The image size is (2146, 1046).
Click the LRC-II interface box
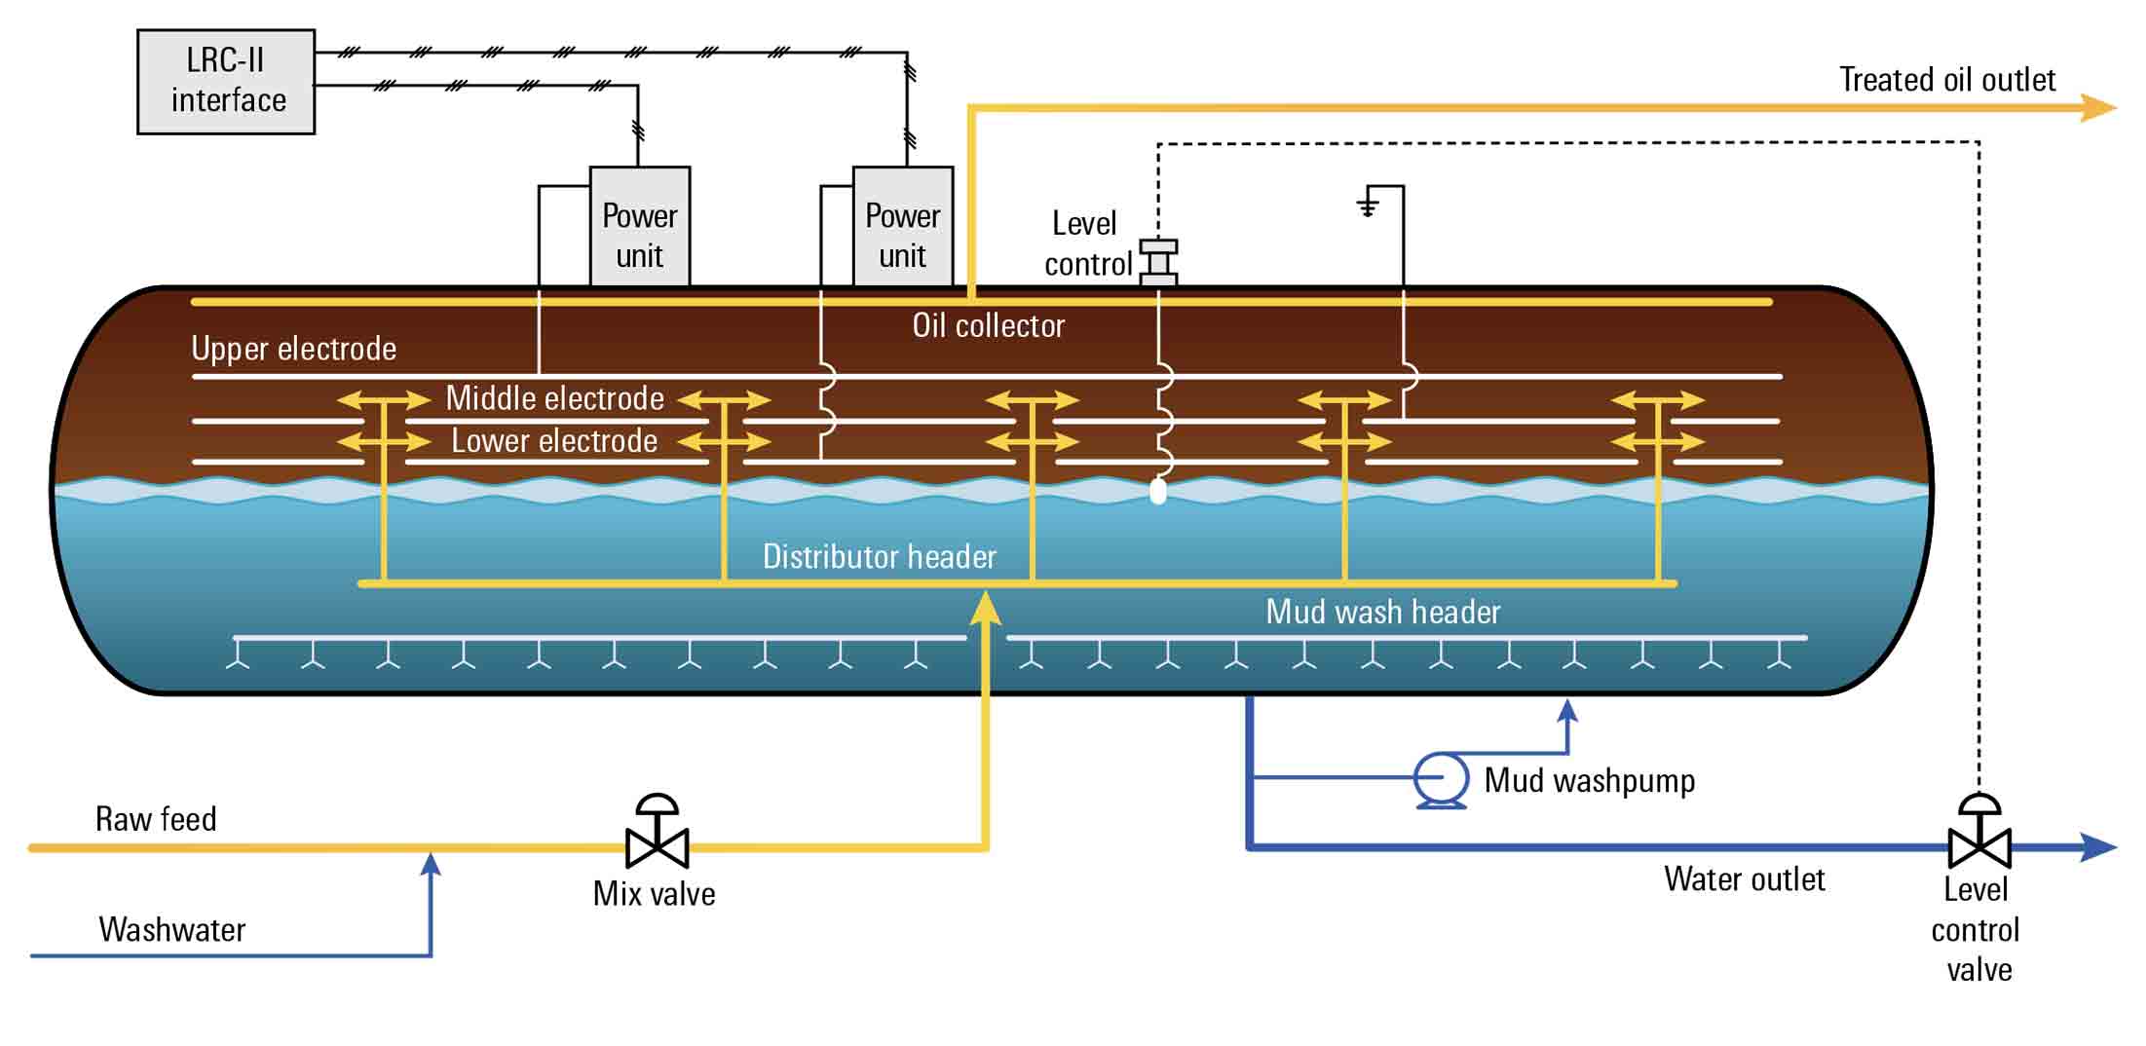click(x=226, y=81)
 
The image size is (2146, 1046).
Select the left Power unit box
click(x=640, y=227)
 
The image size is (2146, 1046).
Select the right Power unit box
click(x=903, y=227)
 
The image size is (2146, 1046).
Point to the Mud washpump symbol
click(x=1442, y=779)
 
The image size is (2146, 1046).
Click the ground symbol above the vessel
click(x=1369, y=204)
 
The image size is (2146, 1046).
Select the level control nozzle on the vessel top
click(x=1158, y=262)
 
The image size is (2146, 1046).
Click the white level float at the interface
click(x=1158, y=490)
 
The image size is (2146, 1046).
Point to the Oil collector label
click(x=988, y=325)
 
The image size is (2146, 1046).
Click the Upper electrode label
click(x=293, y=349)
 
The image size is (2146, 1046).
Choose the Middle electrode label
click(x=554, y=398)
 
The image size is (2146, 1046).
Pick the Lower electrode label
click(x=554, y=441)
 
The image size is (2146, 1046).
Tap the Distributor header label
click(x=879, y=556)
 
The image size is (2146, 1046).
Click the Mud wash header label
click(x=1382, y=612)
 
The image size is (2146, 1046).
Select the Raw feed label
click(x=156, y=819)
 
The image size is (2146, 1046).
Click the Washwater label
click(x=171, y=930)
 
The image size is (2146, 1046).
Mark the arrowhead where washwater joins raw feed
click(x=431, y=863)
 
